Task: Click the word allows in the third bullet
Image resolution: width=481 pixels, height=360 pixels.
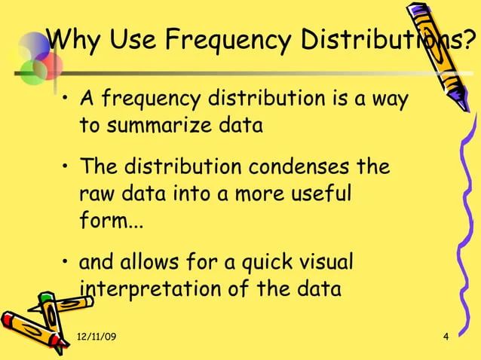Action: pyautogui.click(x=165, y=264)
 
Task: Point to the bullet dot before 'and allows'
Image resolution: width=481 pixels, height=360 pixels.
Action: pyautogui.click(x=67, y=264)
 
